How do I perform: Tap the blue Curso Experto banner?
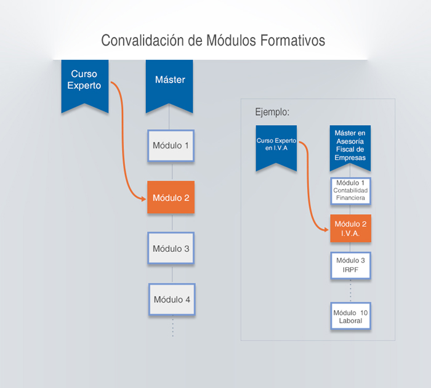click(x=85, y=83)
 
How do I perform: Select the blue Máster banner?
click(x=169, y=83)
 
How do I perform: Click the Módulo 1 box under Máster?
click(x=171, y=146)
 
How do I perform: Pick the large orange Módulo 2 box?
click(x=171, y=198)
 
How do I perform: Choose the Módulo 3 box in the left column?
click(x=171, y=249)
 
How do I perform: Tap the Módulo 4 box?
click(x=172, y=300)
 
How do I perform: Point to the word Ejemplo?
click(x=272, y=112)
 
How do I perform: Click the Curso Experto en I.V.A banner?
click(x=273, y=145)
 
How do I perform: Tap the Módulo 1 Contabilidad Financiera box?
click(x=350, y=190)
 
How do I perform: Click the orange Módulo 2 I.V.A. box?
click(x=350, y=228)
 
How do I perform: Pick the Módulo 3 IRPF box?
click(x=350, y=265)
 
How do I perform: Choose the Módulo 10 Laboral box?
click(x=350, y=317)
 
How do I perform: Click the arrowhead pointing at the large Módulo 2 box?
click(x=143, y=198)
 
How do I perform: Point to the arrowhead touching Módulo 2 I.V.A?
click(x=326, y=229)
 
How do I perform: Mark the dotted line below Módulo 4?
click(x=172, y=326)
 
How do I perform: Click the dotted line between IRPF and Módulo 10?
click(x=350, y=290)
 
